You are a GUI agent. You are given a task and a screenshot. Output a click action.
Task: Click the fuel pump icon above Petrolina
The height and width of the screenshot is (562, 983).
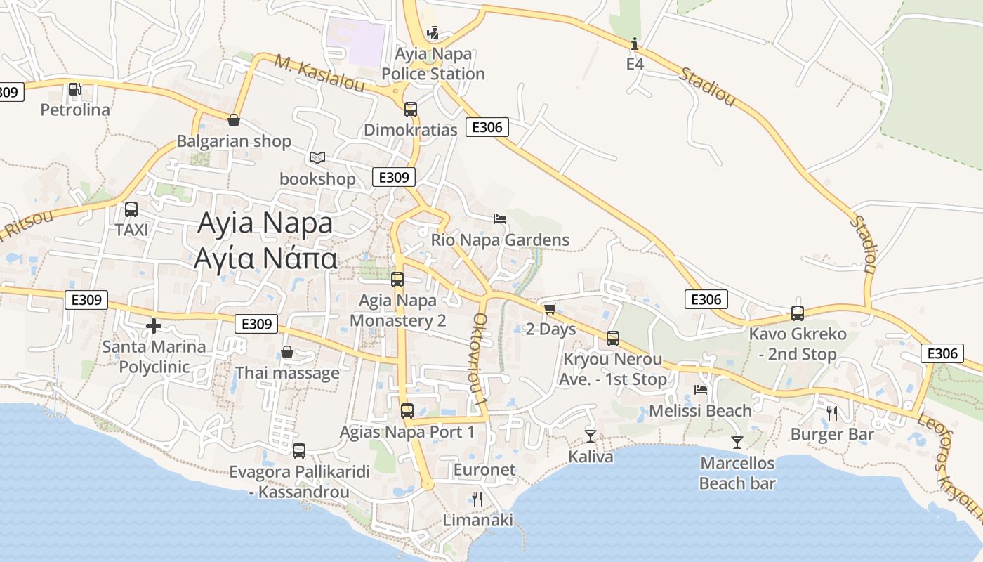[74, 89]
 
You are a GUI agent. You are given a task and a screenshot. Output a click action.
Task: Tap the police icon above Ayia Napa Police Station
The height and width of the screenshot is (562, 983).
[433, 32]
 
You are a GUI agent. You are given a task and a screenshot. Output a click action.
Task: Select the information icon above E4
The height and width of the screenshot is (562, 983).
[635, 44]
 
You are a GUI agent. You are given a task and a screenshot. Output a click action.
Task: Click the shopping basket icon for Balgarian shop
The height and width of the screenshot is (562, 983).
[233, 120]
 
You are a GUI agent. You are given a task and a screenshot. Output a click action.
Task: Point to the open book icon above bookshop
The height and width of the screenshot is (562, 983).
[317, 157]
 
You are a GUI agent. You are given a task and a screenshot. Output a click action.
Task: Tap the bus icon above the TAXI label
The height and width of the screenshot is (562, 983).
[131, 209]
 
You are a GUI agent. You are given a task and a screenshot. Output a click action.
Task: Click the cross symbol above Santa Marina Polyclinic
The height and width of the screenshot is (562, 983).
[154, 326]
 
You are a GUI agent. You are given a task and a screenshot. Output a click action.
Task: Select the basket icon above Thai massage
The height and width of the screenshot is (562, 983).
[287, 352]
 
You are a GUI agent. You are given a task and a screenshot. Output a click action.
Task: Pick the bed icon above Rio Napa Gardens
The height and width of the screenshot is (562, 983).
[500, 219]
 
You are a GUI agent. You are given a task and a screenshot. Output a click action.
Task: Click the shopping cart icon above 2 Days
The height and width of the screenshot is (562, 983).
[550, 308]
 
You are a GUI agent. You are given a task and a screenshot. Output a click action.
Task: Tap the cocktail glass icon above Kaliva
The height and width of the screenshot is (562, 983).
[591, 436]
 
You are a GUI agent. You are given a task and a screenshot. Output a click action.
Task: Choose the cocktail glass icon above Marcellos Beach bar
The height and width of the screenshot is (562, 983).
[737, 442]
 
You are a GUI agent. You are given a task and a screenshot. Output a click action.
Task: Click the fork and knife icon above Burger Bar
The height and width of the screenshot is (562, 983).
[832, 413]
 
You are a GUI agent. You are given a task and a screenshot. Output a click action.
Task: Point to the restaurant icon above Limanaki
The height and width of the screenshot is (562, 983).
[477, 499]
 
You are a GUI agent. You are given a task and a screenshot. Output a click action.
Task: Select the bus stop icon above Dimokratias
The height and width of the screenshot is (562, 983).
[411, 110]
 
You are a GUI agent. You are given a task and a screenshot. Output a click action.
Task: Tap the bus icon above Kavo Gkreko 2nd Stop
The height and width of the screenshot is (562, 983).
[798, 313]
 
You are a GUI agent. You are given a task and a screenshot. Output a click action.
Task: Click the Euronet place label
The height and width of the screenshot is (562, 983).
[484, 470]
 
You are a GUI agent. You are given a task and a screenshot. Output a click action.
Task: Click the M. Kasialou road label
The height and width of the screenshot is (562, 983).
[319, 74]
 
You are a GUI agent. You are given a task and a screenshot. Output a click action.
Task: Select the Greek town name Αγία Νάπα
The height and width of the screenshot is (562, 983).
[265, 259]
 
